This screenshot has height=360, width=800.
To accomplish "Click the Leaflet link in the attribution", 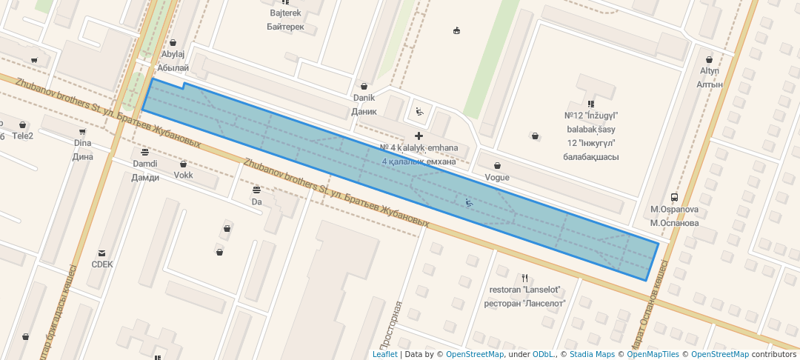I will (384, 354).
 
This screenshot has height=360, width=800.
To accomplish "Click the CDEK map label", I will (101, 264).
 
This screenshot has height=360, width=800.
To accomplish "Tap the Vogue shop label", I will (496, 177).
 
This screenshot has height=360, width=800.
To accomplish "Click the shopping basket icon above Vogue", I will (496, 166).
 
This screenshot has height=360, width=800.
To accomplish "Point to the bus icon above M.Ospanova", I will (674, 198).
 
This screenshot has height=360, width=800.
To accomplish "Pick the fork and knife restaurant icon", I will (524, 278).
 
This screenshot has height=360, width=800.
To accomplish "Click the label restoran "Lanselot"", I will (524, 290).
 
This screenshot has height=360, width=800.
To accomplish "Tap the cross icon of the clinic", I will (419, 136).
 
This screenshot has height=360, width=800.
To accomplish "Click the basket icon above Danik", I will (363, 86).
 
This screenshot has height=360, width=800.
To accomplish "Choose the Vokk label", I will (184, 176).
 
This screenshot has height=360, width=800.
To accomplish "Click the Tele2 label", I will (22, 136).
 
